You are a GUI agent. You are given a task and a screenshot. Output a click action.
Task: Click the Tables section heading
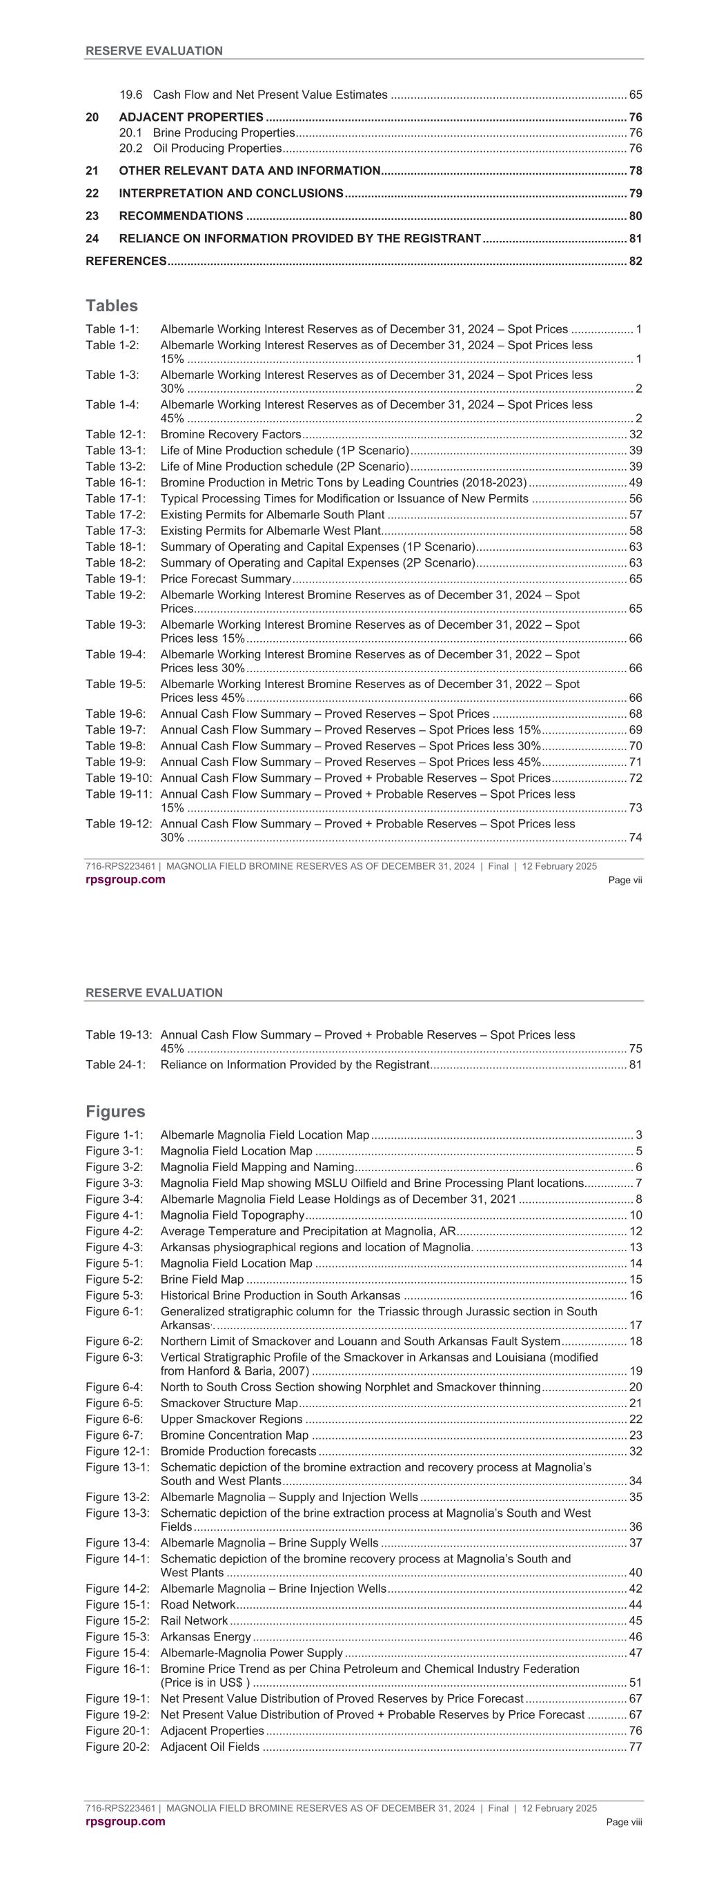pyautogui.click(x=111, y=306)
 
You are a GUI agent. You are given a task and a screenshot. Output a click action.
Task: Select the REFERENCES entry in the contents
pyautogui.click(x=126, y=261)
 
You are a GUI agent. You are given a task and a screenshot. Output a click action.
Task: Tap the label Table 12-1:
pyautogui.click(x=115, y=435)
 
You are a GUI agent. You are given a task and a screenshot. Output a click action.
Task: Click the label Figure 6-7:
pyautogui.click(x=114, y=1435)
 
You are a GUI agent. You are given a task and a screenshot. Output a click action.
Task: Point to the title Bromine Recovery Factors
pyautogui.click(x=230, y=435)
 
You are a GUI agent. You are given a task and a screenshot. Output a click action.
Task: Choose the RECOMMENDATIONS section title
pyautogui.click(x=181, y=216)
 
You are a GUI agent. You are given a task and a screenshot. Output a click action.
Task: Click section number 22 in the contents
pyautogui.click(x=92, y=193)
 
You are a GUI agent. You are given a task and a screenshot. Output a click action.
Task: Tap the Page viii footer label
pyautogui.click(x=624, y=1823)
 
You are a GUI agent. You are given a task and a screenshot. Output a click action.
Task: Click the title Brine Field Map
pyautogui.click(x=202, y=1280)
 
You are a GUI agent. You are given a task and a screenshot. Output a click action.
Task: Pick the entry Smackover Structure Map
pyautogui.click(x=229, y=1404)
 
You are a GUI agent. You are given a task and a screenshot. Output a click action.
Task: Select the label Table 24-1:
pyautogui.click(x=115, y=1065)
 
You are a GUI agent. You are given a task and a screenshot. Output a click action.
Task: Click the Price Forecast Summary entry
pyautogui.click(x=226, y=579)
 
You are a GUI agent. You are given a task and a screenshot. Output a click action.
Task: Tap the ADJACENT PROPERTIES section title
pyautogui.click(x=191, y=117)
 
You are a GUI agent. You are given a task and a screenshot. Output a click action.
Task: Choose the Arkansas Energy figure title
pyautogui.click(x=206, y=1638)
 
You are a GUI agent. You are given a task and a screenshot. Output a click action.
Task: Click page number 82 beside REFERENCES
pyautogui.click(x=635, y=261)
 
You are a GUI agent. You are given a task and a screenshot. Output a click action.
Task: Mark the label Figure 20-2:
pyautogui.click(x=117, y=1747)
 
